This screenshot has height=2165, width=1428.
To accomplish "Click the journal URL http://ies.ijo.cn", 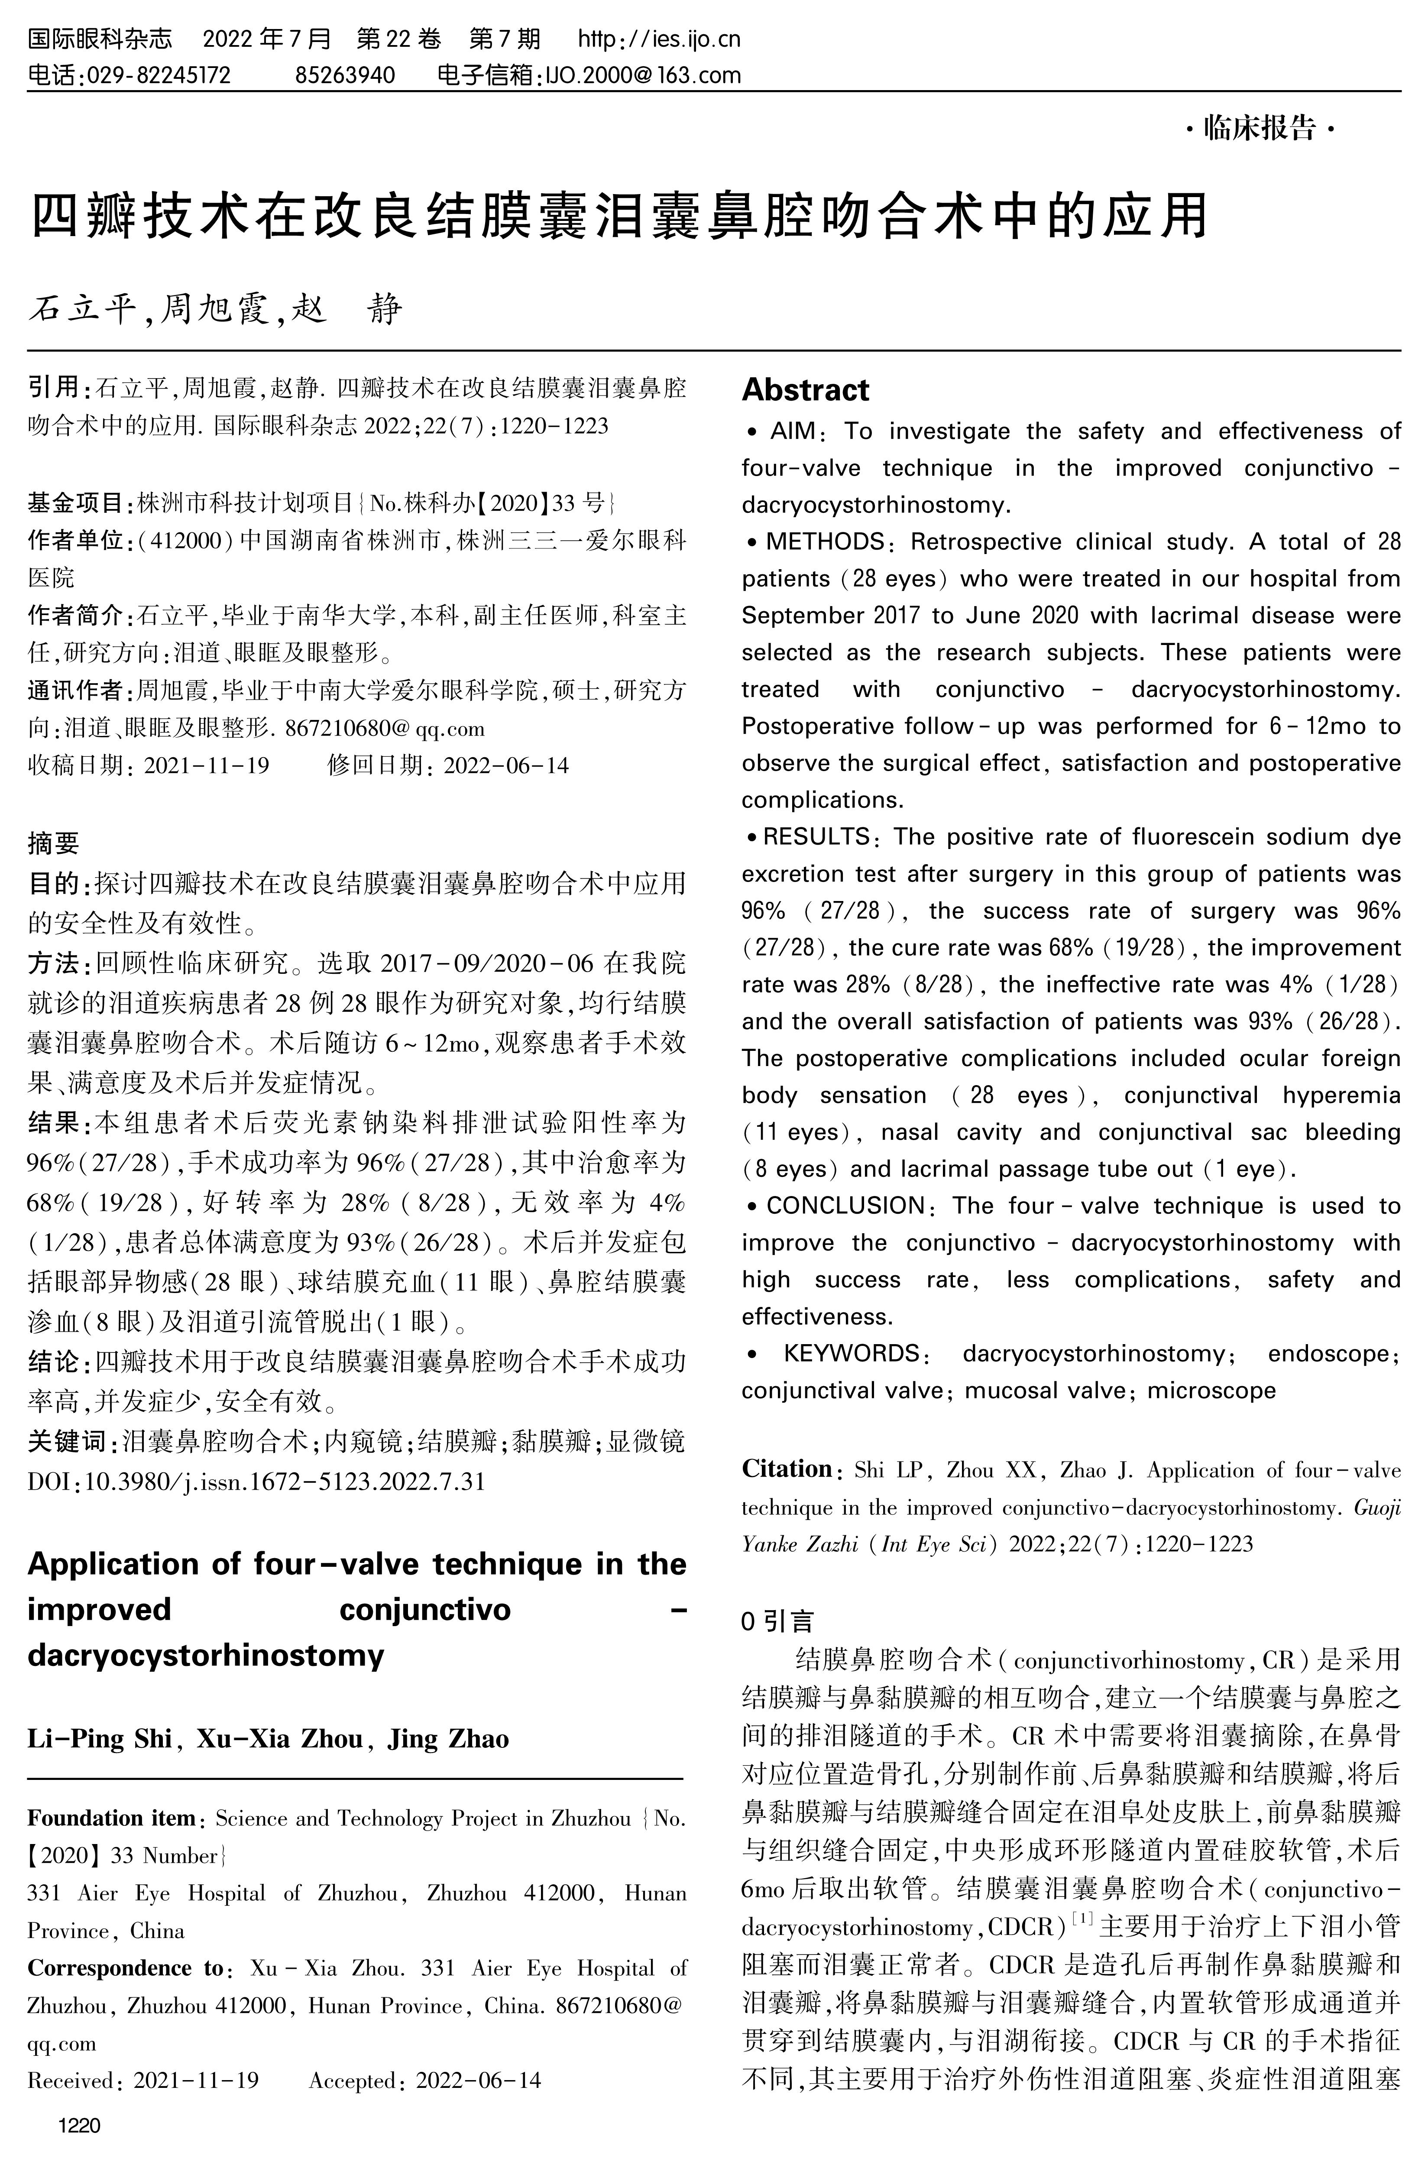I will tap(659, 39).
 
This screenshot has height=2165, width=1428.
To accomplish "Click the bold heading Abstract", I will tap(805, 390).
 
